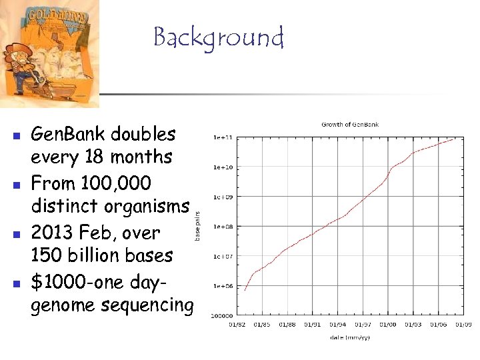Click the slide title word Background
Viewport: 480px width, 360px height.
(219, 38)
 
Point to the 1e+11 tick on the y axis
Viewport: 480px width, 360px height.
(222, 138)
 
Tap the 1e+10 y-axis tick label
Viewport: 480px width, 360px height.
(222, 167)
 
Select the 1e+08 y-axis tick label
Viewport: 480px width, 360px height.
(222, 227)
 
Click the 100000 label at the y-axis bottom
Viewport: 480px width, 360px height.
(222, 315)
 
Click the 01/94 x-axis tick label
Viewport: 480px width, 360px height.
(339, 325)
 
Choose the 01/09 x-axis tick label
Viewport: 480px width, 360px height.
(463, 325)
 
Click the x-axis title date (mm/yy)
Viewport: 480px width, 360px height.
(350, 338)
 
